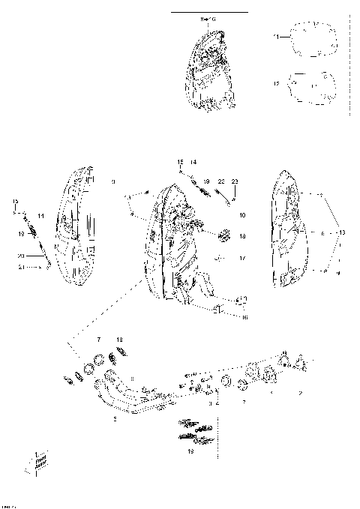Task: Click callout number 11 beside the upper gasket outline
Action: [x=275, y=36]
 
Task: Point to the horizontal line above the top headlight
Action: [x=209, y=13]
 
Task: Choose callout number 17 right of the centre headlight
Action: [x=242, y=259]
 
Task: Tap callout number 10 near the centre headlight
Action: [x=242, y=215]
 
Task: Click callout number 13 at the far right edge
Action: [x=343, y=233]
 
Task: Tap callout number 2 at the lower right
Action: [x=301, y=392]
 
